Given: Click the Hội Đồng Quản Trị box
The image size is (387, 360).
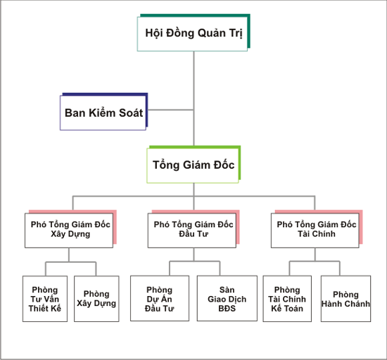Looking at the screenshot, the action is click(193, 33).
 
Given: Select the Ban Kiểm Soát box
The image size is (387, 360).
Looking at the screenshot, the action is click(104, 112).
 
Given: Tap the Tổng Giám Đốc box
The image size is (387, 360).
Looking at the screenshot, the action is click(193, 165).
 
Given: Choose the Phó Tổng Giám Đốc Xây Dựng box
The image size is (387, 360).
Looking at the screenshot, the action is click(70, 229).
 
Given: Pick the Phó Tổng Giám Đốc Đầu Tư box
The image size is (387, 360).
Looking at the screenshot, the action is click(193, 229).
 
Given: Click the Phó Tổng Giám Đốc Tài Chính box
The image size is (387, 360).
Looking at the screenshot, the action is click(317, 229).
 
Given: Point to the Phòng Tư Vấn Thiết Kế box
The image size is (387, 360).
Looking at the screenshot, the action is click(45, 299).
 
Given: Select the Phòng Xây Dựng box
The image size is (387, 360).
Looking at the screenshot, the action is click(96, 299).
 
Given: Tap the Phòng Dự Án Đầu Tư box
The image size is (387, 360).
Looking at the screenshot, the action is click(160, 298).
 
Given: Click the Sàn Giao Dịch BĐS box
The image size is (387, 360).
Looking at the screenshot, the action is click(227, 298).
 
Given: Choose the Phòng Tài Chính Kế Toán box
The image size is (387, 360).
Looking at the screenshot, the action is click(287, 299).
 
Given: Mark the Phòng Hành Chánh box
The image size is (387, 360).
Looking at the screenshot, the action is click(345, 299).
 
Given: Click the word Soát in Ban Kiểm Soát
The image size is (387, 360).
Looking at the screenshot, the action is click(131, 113).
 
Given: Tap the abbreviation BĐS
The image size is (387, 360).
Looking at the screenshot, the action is click(227, 309).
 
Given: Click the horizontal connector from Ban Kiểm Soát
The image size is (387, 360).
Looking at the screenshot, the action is click(170, 110).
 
